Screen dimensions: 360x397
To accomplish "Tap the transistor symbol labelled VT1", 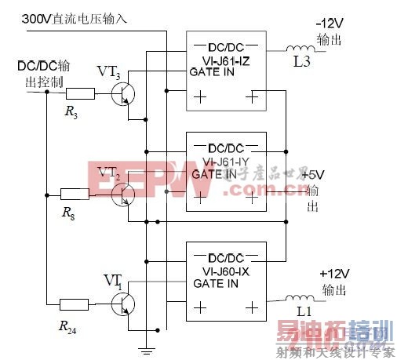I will click(123, 302).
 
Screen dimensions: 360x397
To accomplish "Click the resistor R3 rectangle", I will click(81, 94).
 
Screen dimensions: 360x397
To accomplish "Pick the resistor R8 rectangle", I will click(75, 193).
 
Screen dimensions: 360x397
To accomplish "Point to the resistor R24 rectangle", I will click(76, 303).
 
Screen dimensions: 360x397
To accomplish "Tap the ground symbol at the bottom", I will click(145, 346).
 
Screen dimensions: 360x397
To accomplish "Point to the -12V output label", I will click(330, 24).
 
